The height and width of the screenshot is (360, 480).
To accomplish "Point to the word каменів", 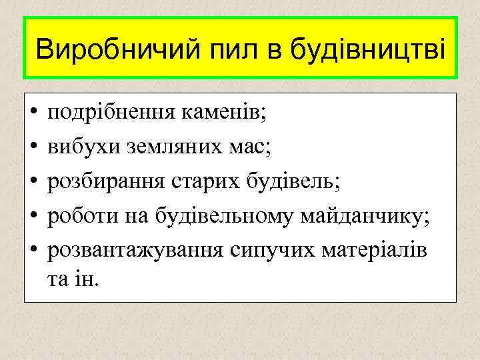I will pyautogui.click(x=223, y=113).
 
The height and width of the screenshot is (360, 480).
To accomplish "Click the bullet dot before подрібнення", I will pyautogui.click(x=33, y=113).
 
